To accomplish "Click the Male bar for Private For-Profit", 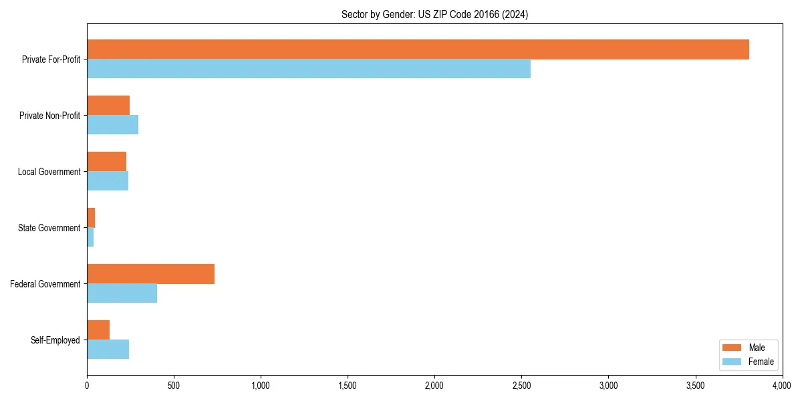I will tap(418, 49).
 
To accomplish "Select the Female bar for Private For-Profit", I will tap(309, 69).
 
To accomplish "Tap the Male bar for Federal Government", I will tap(150, 274).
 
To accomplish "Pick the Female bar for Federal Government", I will tap(122, 293).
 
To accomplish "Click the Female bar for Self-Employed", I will tap(108, 350).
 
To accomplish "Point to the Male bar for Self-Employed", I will tap(98, 330).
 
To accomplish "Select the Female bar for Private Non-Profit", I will tap(112, 125).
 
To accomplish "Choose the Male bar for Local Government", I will tap(106, 162).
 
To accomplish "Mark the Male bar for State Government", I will tap(91, 218).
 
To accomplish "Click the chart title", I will tap(434, 15).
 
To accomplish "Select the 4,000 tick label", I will tap(782, 386).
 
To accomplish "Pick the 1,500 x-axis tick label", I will tap(348, 386).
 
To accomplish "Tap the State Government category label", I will tap(49, 228).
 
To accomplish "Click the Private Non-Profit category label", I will tap(49, 116).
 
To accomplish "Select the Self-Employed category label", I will tap(55, 340).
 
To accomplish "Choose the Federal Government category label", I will tap(45, 284).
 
